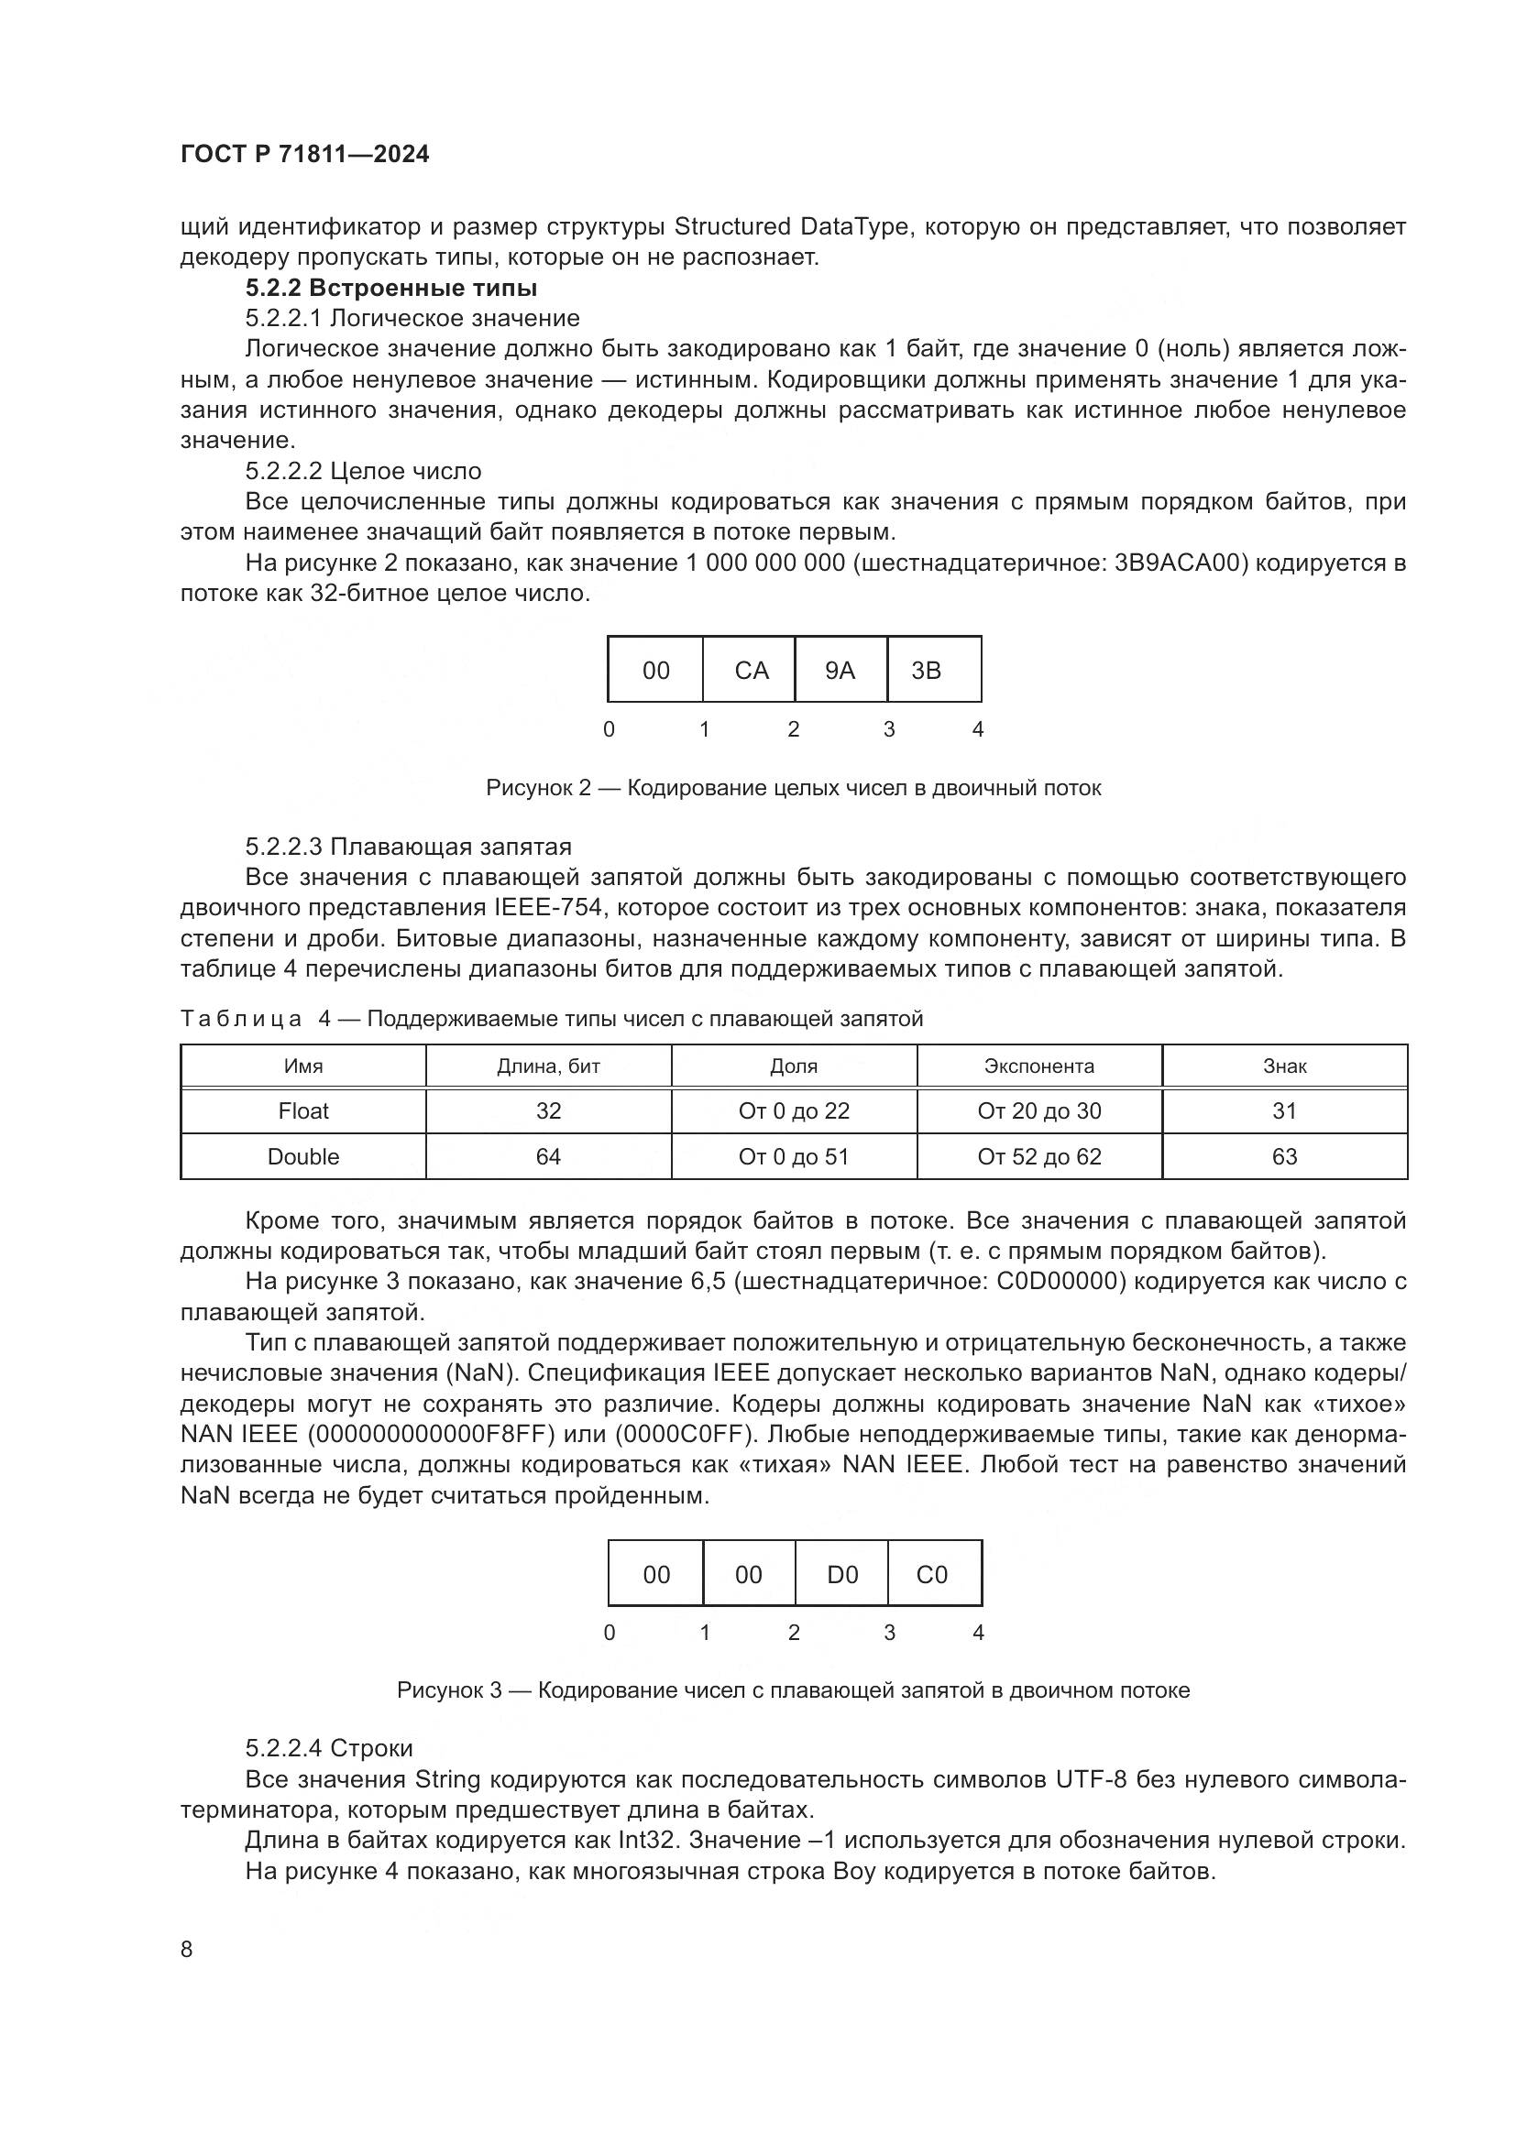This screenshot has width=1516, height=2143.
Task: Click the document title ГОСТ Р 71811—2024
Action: [x=304, y=154]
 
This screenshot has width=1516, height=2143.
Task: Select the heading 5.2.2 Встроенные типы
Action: [x=391, y=288]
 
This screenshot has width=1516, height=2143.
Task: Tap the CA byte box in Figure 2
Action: [x=751, y=670]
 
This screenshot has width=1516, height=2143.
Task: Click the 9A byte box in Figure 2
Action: [x=840, y=670]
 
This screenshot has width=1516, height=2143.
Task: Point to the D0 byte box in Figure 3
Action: [x=842, y=1575]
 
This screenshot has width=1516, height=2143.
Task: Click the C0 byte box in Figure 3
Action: [x=931, y=1575]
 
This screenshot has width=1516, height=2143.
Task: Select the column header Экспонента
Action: [x=1039, y=1066]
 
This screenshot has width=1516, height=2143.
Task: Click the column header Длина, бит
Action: [x=548, y=1066]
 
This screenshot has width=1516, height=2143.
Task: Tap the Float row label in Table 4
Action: [x=303, y=1110]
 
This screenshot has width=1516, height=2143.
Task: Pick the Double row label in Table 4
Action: [x=303, y=1156]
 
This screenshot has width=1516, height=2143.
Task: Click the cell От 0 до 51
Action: [x=794, y=1156]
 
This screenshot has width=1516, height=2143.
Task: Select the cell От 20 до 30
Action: [x=1039, y=1110]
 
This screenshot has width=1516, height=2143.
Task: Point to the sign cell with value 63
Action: [x=1284, y=1156]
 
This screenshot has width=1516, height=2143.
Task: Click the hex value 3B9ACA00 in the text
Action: [x=1181, y=563]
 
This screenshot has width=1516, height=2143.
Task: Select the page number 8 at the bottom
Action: [x=187, y=1949]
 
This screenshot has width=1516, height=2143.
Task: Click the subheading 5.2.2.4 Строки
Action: [x=329, y=1748]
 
